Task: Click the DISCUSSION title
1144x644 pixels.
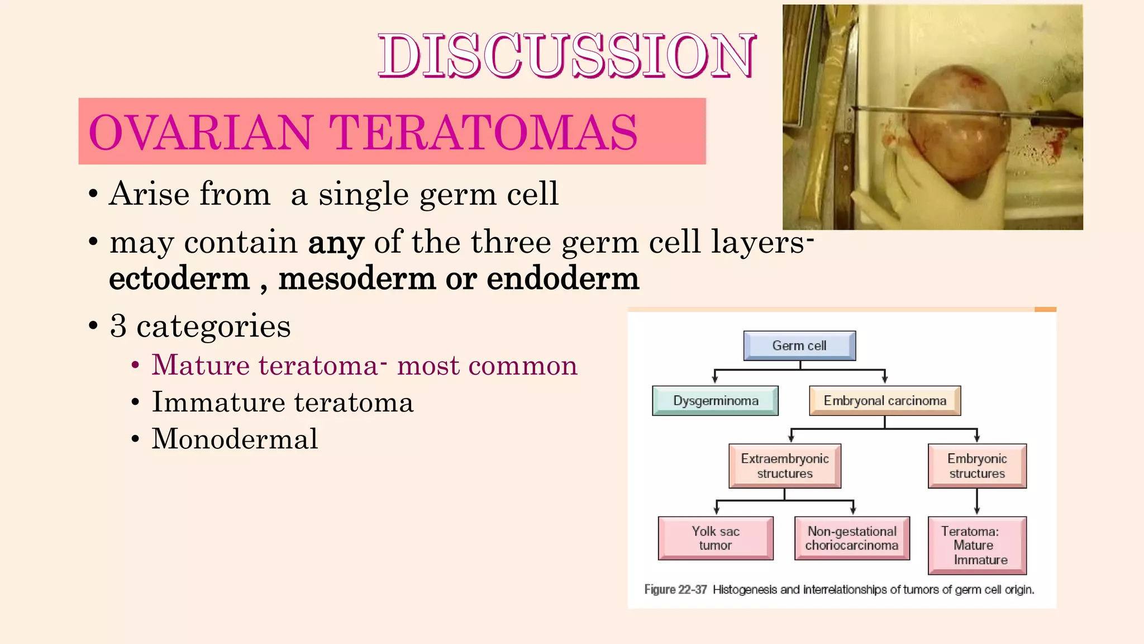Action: click(x=566, y=55)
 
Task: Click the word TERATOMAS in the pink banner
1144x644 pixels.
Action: click(x=483, y=133)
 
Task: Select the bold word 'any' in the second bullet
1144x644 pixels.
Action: click(x=336, y=243)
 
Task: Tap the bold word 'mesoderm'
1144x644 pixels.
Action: click(x=356, y=278)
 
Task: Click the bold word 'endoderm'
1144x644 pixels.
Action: click(x=562, y=278)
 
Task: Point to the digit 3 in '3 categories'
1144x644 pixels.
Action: click(x=118, y=326)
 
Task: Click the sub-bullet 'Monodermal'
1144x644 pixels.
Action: click(x=235, y=439)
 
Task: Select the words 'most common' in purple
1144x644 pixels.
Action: click(x=487, y=366)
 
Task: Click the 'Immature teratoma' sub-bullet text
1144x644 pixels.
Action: click(x=282, y=402)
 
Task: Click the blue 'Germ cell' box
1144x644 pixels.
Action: click(x=799, y=345)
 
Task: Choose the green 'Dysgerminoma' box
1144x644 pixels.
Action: click(x=715, y=400)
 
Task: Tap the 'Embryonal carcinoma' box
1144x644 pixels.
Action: click(x=884, y=400)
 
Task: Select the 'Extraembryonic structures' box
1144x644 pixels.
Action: click(x=784, y=466)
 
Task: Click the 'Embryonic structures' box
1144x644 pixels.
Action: click(x=976, y=466)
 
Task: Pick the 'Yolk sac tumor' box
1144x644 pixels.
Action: click(x=716, y=538)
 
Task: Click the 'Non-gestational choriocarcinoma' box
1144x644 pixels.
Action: click(x=851, y=538)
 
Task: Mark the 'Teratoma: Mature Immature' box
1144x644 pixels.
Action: click(x=976, y=545)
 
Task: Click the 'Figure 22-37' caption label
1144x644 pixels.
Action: click(x=675, y=589)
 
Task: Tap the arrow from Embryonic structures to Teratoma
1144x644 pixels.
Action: click(x=976, y=502)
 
